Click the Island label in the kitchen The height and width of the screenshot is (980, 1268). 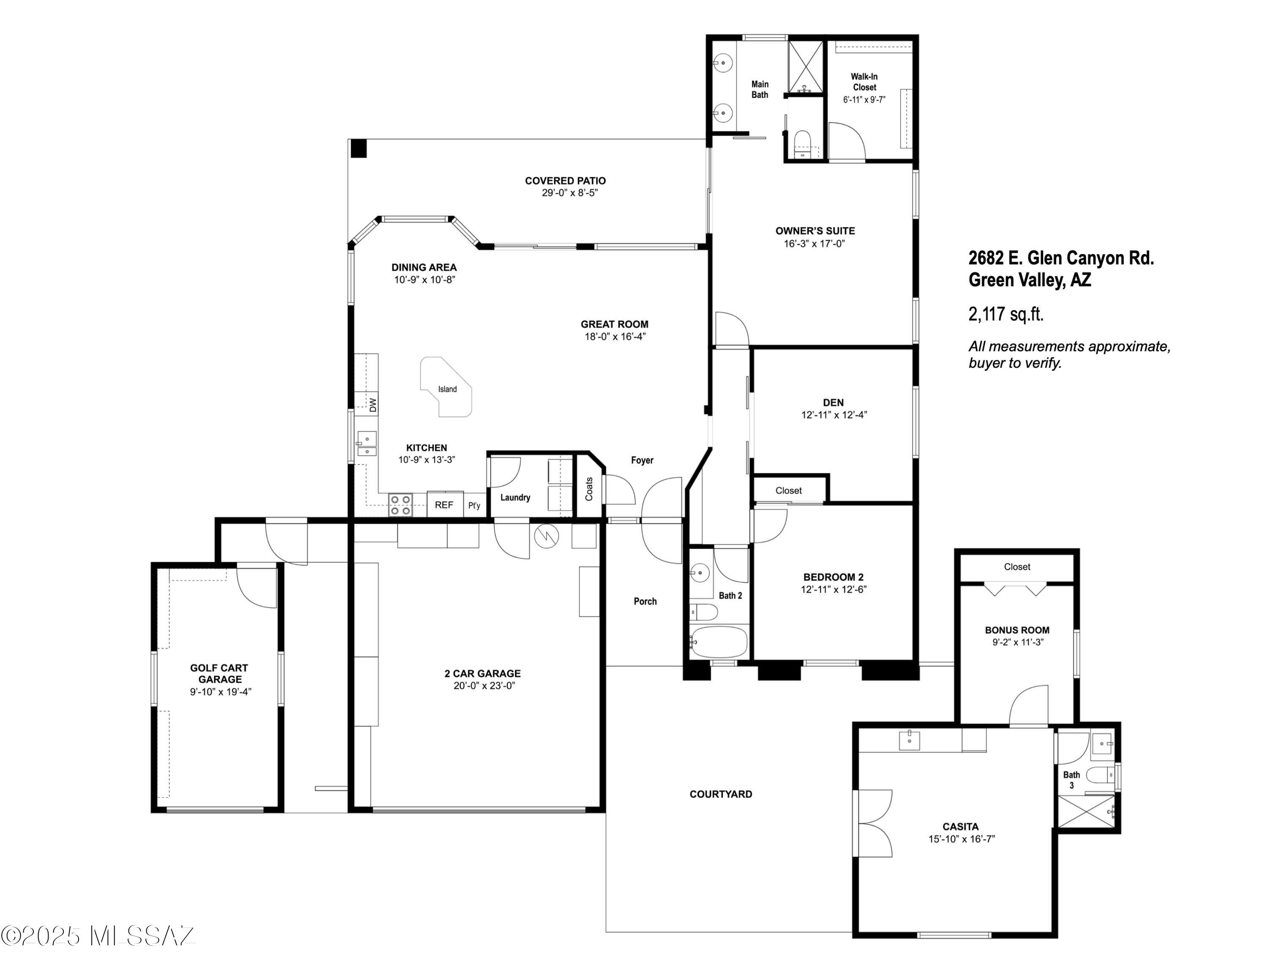coord(447,389)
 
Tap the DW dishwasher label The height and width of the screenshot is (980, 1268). coord(373,405)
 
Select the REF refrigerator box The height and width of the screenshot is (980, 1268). coord(445,504)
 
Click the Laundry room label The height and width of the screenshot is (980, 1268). coord(515,498)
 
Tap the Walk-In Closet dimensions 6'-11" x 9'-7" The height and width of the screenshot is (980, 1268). coord(864,100)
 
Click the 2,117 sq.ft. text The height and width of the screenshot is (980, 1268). coord(1006,314)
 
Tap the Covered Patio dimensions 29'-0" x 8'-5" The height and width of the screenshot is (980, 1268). coord(570,193)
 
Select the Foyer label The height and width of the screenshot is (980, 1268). coord(642,460)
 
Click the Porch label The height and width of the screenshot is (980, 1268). coord(645,602)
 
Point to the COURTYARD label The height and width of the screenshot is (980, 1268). coord(721,794)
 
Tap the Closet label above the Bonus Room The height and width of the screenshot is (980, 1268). coord(1017,567)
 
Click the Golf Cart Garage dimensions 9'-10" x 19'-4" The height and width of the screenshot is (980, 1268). coord(221,692)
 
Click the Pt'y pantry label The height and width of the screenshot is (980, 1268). coord(474,505)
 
